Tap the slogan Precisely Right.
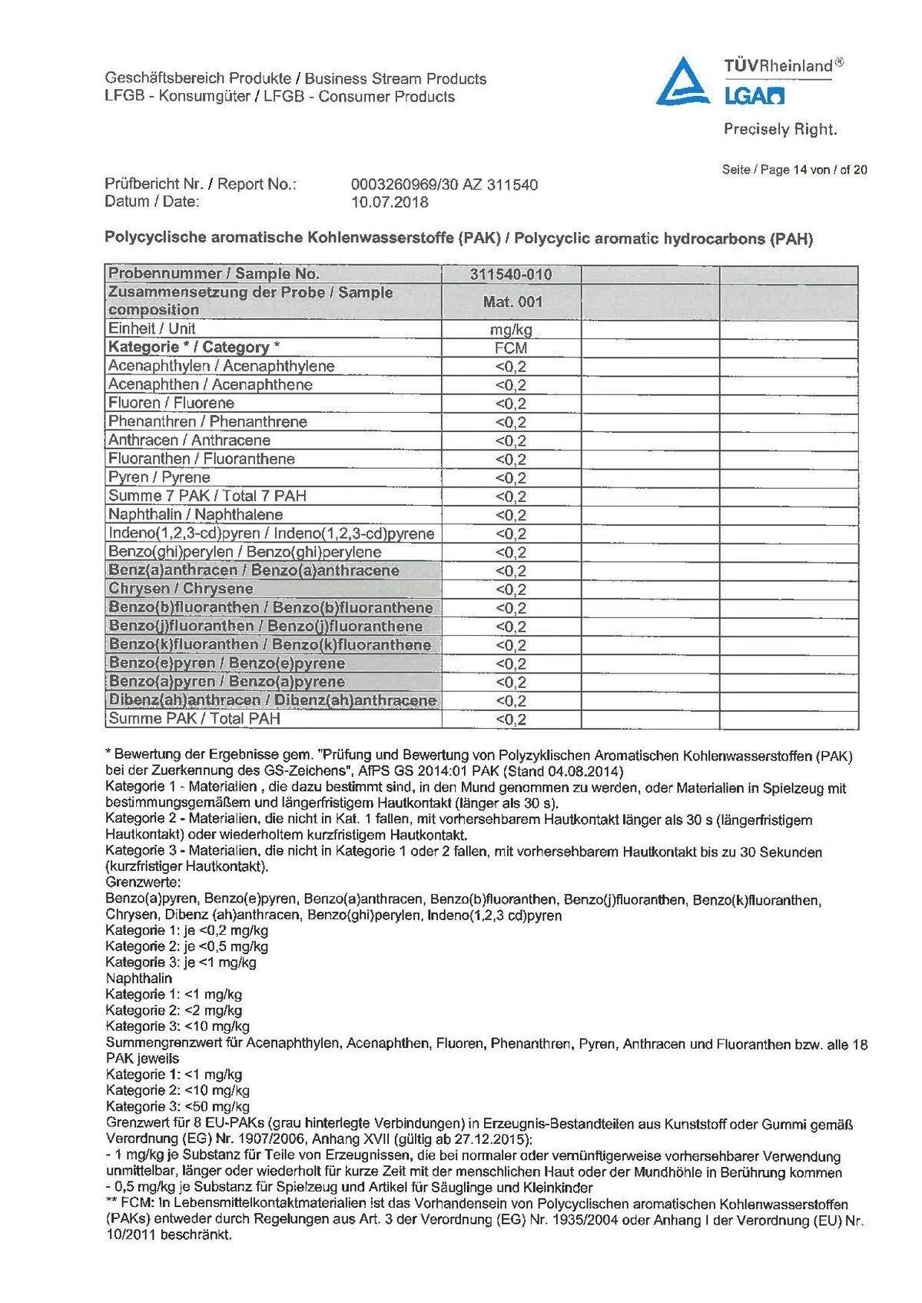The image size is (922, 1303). (x=780, y=129)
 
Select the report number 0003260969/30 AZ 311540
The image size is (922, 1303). (x=443, y=184)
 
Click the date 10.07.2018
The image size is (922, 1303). (x=390, y=202)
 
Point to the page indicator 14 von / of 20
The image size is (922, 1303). (x=831, y=170)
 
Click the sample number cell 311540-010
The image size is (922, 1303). (x=511, y=274)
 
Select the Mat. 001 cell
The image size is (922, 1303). (x=512, y=302)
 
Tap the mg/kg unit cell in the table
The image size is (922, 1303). (x=511, y=330)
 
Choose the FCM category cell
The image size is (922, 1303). (x=511, y=347)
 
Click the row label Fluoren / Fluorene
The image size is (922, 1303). (x=171, y=403)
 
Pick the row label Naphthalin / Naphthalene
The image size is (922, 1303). (x=195, y=514)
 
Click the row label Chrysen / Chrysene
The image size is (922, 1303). (x=181, y=589)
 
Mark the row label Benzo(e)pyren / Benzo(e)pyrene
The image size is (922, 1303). (x=227, y=663)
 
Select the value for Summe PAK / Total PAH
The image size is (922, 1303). (x=511, y=720)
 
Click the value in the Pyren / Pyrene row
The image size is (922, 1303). (x=511, y=478)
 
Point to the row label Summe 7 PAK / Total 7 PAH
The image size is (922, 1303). (x=207, y=496)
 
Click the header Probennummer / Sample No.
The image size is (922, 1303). (x=214, y=274)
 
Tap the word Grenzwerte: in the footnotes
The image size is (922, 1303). (x=144, y=883)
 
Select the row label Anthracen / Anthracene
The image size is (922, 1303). (x=189, y=440)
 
